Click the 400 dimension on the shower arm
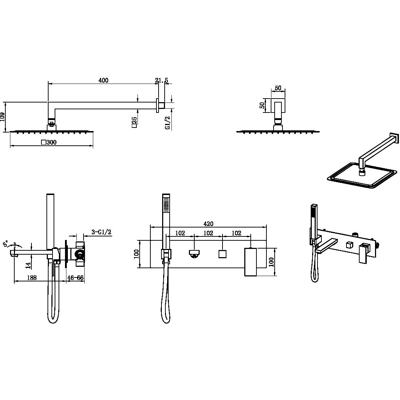coord(103,80)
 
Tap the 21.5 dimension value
coord(162,80)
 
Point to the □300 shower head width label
coord(49,142)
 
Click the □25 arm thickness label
coord(134,122)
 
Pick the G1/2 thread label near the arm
coord(167,123)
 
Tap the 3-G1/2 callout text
coord(101,232)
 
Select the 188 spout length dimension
coord(32,277)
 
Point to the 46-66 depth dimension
coord(75,277)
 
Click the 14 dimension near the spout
coord(28,266)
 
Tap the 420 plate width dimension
coord(209,224)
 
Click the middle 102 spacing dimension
coord(209,233)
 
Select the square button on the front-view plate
coord(222,254)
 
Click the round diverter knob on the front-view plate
coord(194,254)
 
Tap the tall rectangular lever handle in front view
coord(250,262)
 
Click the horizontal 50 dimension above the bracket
coord(278,88)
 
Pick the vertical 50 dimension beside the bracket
coord(262,105)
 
